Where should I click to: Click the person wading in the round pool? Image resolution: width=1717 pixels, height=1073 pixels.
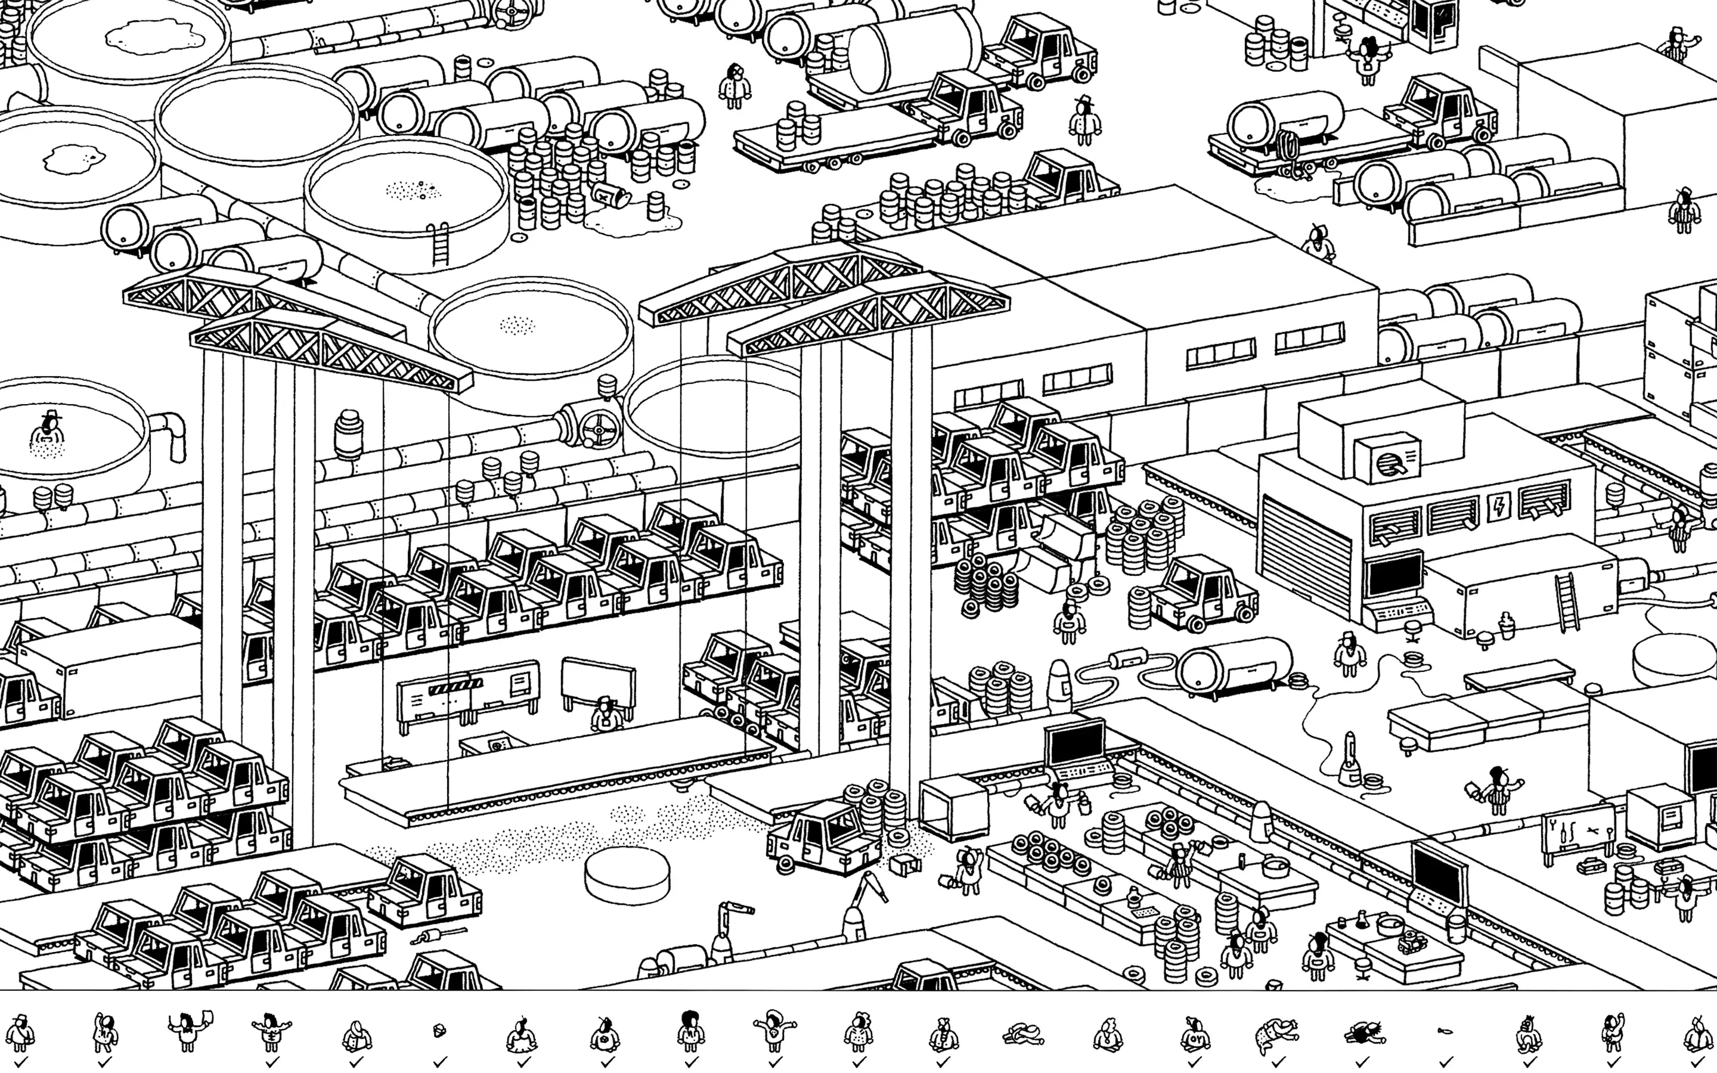click(48, 433)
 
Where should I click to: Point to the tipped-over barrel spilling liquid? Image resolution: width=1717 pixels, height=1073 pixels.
click(612, 193)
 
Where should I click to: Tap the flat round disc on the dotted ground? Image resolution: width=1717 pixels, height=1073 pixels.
click(627, 877)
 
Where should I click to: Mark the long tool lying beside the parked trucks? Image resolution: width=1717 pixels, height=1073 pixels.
click(438, 935)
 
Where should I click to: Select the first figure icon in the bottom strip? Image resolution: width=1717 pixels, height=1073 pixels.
click(20, 1033)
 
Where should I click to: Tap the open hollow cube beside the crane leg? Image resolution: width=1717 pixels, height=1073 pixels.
click(953, 808)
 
